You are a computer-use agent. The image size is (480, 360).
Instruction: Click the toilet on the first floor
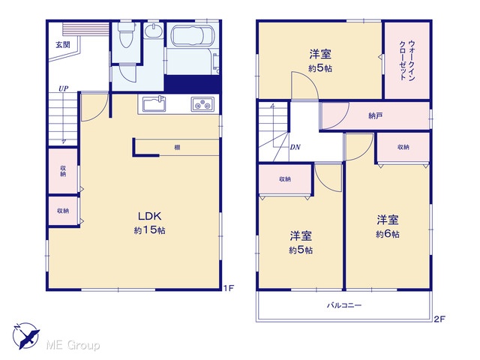(127, 35)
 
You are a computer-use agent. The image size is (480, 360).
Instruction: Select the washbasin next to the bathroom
(154, 31)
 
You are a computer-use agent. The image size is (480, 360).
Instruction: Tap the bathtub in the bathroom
(193, 36)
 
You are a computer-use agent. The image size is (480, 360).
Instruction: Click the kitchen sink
(154, 104)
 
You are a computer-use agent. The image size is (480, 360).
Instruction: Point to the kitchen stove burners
(202, 104)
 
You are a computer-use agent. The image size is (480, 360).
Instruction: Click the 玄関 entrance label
(63, 45)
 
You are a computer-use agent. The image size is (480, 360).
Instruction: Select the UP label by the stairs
(63, 88)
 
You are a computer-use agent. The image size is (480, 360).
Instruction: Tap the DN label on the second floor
(295, 147)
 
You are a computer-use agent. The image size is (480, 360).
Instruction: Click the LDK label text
(150, 217)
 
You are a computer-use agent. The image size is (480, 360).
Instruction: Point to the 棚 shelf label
(177, 148)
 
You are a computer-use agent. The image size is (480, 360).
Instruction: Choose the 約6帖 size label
(388, 234)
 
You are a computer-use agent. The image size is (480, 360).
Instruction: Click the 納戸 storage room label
(375, 115)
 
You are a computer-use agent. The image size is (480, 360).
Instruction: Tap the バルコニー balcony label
(344, 305)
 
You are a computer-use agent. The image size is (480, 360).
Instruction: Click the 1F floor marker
(228, 288)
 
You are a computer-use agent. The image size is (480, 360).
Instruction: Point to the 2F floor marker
(439, 319)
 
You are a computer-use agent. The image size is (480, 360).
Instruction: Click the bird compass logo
(26, 336)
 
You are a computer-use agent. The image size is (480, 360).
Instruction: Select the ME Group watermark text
(73, 345)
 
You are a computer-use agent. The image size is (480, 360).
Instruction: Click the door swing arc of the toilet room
(126, 74)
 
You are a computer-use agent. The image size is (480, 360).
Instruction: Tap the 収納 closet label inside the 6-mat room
(403, 147)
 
